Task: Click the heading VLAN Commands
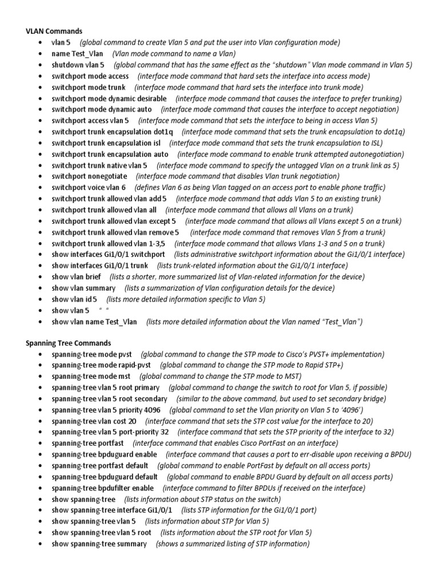54,31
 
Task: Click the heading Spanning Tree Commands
68,343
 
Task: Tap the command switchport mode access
90,76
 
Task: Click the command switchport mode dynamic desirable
109,98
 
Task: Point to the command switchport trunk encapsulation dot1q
111,132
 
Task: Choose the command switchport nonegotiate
89,176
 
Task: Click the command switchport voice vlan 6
89,188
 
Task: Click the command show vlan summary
83,288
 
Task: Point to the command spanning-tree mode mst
91,377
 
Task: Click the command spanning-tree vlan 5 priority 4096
106,410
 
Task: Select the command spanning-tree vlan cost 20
94,421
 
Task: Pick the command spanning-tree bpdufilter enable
102,488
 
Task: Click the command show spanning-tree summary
99,544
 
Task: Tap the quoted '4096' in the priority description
349,410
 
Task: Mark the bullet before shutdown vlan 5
39,65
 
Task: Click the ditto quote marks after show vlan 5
103,310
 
